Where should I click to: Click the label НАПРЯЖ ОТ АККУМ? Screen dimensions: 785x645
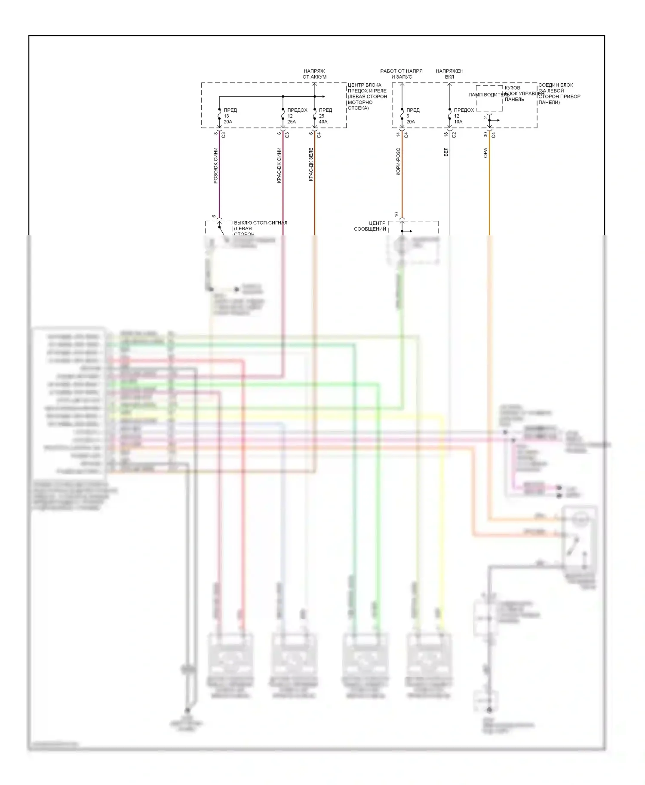(314, 74)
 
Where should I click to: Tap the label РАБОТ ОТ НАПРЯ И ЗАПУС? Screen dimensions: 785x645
(401, 74)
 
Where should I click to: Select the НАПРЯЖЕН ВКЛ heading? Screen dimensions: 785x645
(449, 74)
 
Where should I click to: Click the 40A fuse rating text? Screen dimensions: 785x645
(323, 122)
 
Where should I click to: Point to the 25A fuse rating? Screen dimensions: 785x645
(292, 122)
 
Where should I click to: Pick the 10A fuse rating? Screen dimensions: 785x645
(458, 122)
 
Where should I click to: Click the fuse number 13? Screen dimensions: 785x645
(226, 116)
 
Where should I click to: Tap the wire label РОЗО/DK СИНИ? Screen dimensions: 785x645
(216, 166)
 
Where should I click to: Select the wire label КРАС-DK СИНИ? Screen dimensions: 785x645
(279, 166)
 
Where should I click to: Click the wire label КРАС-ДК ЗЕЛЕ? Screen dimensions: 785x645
(311, 164)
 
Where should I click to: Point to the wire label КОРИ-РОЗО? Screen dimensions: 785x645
(398, 161)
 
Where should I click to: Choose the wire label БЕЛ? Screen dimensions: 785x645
(446, 152)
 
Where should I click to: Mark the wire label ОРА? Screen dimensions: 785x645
(485, 153)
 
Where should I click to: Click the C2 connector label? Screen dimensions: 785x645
(454, 134)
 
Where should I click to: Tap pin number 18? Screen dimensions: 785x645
(446, 134)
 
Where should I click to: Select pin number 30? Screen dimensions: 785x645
(485, 134)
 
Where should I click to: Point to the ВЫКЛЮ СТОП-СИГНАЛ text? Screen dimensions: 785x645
(261, 223)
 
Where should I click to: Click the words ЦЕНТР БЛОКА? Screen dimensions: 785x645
(364, 85)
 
